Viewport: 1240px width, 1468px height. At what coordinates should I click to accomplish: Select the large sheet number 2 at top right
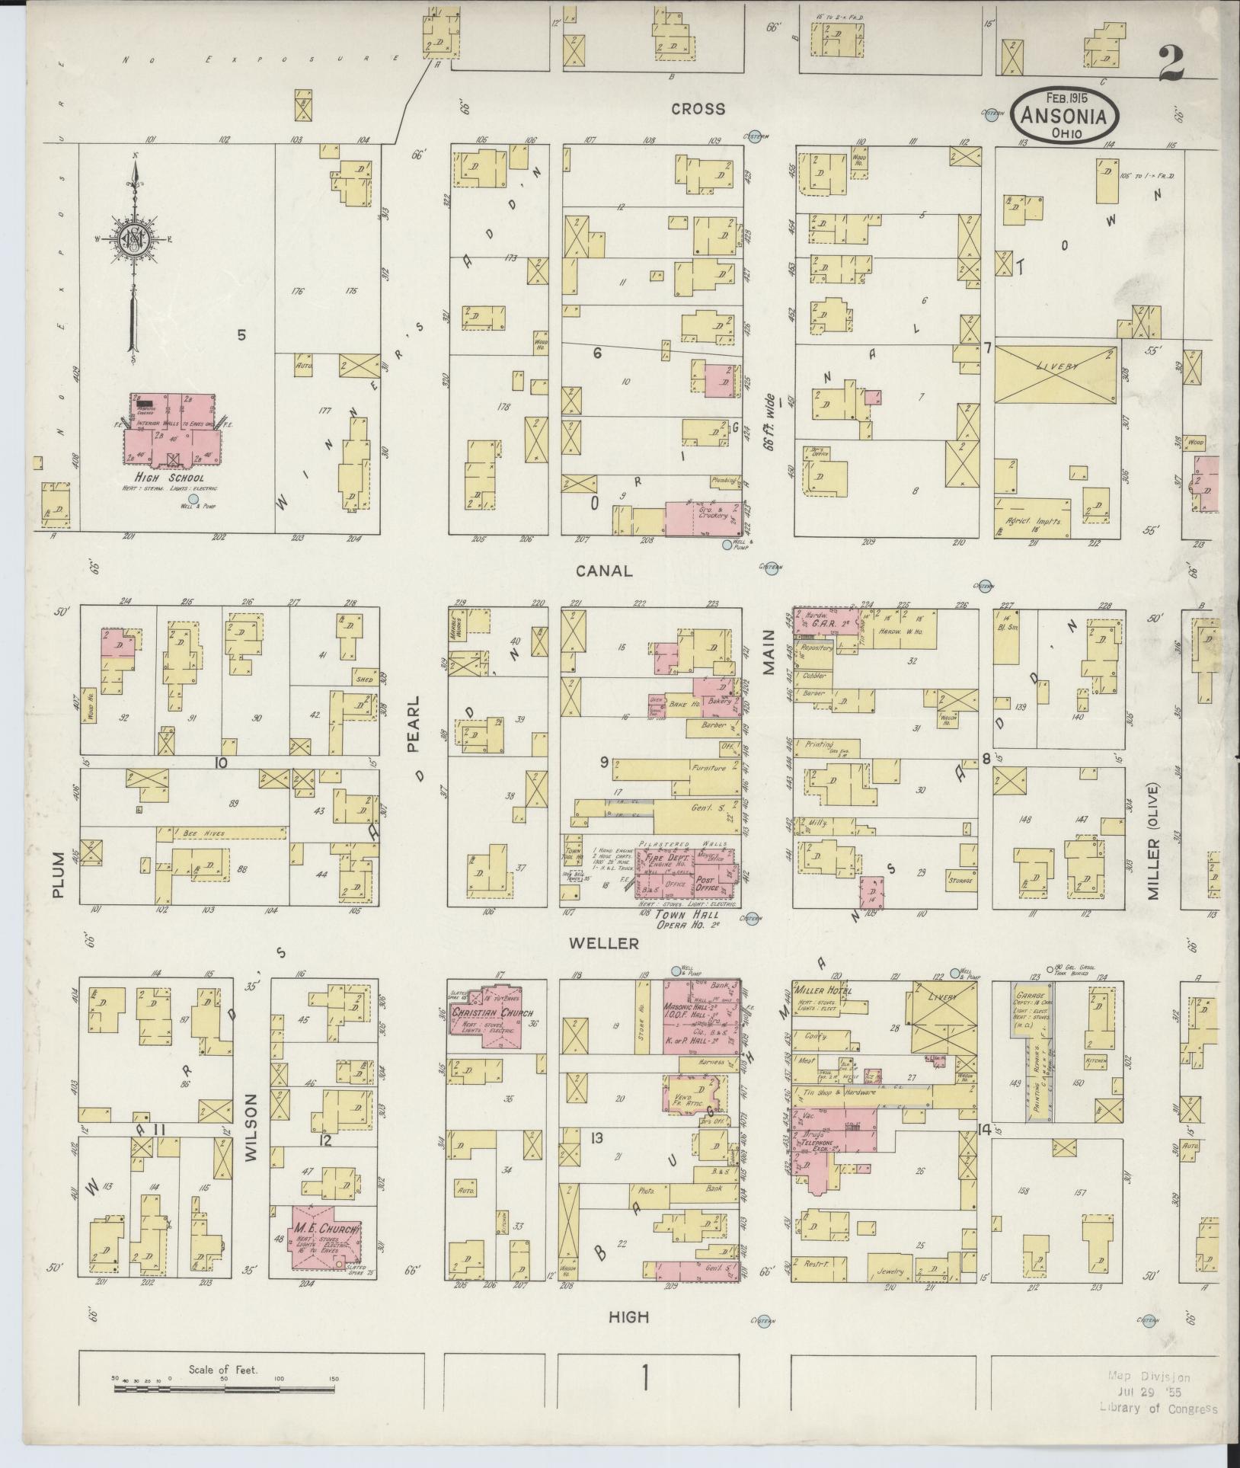click(1171, 62)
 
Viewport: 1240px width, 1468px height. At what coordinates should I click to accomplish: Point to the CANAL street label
click(604, 571)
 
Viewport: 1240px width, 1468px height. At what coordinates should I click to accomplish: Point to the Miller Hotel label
click(823, 990)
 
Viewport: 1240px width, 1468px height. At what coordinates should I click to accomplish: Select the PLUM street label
click(62, 884)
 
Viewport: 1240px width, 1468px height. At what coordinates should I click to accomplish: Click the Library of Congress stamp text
click(1158, 1409)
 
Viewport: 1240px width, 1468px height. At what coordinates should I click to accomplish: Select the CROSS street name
click(698, 109)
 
